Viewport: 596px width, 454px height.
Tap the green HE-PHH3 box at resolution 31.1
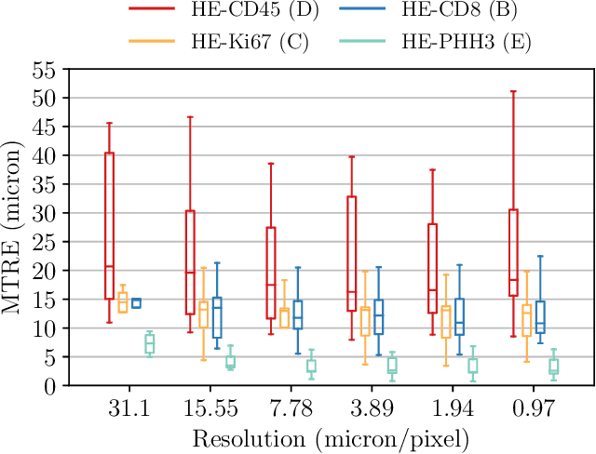149,343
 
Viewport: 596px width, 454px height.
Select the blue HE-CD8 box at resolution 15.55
217,317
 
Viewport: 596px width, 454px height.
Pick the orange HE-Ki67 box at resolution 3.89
365,321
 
